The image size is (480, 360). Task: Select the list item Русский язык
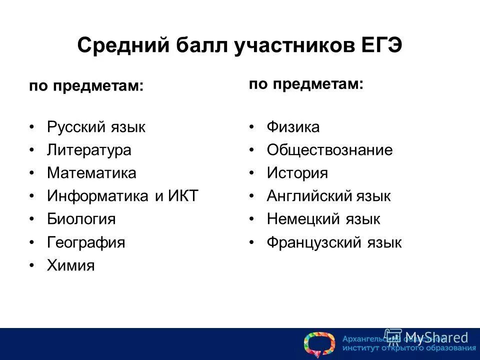tap(96, 127)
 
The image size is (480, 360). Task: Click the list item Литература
tap(89, 150)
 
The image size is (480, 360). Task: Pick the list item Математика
tap(91, 173)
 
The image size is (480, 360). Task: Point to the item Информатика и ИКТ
tap(122, 196)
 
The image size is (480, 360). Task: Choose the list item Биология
tap(81, 219)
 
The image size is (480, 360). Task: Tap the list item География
tap(86, 242)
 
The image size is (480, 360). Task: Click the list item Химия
tap(70, 265)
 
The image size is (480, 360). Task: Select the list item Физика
tap(292, 127)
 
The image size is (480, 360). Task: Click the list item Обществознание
tap(329, 150)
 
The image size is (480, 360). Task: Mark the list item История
tap(297, 173)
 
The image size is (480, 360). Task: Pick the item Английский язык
tap(328, 196)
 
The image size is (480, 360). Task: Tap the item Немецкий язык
tap(323, 219)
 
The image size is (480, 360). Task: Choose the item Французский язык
tap(334, 242)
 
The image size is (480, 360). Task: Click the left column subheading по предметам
tap(86, 86)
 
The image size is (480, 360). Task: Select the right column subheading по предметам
tap(306, 83)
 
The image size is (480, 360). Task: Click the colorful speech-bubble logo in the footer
tap(319, 344)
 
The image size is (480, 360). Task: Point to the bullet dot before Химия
tap(32, 265)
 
